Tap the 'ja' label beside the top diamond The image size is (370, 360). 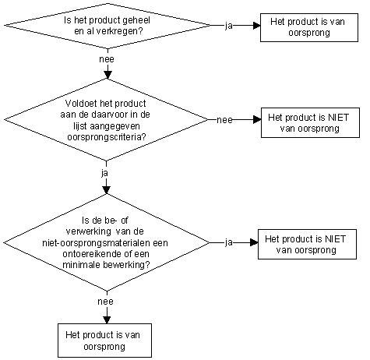pos(229,26)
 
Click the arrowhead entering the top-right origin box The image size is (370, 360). pos(257,26)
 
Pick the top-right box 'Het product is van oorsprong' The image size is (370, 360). pos(309,27)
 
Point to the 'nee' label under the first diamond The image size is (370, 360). pos(107,59)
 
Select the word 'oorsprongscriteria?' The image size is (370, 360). pos(107,136)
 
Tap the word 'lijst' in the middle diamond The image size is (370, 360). pos(79,126)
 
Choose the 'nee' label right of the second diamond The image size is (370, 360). pos(224,120)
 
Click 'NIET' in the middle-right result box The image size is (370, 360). pos(339,118)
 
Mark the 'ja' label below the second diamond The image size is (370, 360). pos(104,173)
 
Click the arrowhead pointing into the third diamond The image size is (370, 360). pos(107,190)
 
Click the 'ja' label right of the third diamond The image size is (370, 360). pos(229,242)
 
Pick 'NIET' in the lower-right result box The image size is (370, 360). pos(336,239)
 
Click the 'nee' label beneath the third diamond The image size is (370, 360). pos(105,302)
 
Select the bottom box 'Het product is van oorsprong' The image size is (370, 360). pos(104,341)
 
